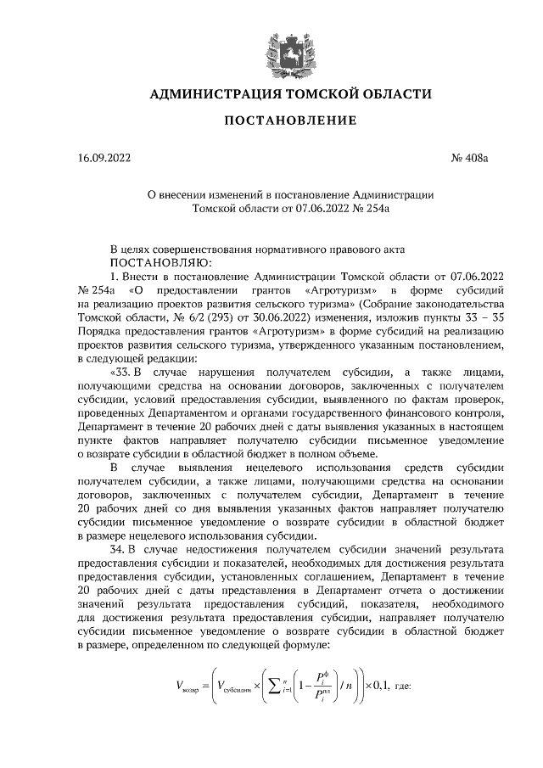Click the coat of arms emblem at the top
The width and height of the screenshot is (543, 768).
[x=271, y=47]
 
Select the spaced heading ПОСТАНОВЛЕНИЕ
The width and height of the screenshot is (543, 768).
[x=271, y=121]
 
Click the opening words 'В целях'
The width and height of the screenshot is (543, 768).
[x=131, y=249]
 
